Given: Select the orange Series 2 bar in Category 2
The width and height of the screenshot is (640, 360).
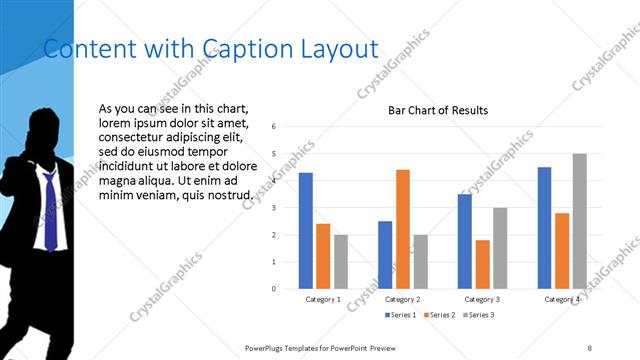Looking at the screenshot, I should pos(402,229).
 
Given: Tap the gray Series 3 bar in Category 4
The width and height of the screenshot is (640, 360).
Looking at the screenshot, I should pos(579,221).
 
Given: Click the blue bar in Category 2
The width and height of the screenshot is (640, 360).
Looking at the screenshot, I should pos(385,255).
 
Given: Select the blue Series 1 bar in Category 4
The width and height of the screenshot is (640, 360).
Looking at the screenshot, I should pos(544,227).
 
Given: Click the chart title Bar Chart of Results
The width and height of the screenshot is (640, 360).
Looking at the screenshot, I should pos(438,110).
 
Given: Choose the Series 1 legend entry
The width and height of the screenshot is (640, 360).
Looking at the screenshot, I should pos(402,315).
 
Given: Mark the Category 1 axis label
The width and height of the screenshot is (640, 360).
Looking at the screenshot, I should pos(323,299).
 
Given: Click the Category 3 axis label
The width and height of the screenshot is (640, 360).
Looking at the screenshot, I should pos(482,299).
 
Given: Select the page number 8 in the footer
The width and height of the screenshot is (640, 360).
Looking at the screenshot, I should pos(589,347).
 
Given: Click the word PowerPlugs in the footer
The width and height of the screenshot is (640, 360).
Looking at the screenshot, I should pos(267,347).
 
